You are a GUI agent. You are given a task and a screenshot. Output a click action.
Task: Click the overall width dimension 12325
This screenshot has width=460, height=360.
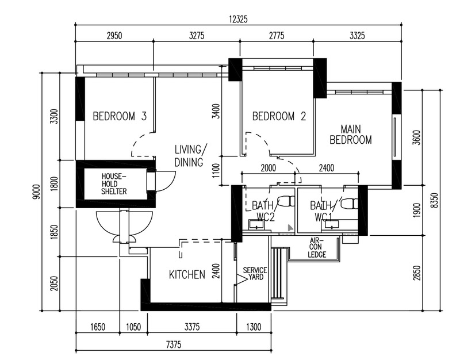pos(238,19)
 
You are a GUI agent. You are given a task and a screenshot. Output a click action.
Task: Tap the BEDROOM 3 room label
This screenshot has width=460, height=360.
pos(120,116)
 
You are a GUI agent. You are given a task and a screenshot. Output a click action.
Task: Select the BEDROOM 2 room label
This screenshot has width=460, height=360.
pos(279,116)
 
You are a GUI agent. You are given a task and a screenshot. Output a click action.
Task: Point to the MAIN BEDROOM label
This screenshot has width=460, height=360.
pos(351,135)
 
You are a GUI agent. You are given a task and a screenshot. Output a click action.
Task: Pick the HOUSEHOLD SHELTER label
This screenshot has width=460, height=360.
pos(114,184)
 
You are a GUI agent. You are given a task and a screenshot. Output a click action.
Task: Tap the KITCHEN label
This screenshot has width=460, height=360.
pos(187,275)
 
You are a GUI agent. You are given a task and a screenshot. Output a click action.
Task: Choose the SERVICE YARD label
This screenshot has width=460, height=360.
pos(255,273)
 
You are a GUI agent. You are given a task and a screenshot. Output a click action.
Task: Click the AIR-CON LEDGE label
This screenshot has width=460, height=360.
pos(317,248)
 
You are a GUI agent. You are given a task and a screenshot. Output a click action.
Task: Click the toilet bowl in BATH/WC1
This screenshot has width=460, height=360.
pos(349,204)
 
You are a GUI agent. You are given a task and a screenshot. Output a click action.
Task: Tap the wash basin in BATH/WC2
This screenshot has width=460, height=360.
pos(257,224)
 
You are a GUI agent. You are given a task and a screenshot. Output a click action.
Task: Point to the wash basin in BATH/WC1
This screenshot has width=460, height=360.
pos(330,225)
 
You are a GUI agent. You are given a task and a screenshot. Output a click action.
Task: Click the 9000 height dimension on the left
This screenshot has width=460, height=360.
pos(36,192)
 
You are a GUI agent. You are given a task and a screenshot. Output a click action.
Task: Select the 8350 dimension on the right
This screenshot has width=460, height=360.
pos(435,200)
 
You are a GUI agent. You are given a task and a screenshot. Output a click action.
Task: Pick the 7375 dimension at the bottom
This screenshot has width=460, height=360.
pos(174,344)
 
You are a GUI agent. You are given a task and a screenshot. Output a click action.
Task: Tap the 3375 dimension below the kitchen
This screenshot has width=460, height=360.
pos(192,327)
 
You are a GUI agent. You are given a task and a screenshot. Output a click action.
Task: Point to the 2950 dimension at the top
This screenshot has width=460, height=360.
pos(114,36)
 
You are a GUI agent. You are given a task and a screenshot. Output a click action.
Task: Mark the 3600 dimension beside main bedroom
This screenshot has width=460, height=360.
pos(416,137)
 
